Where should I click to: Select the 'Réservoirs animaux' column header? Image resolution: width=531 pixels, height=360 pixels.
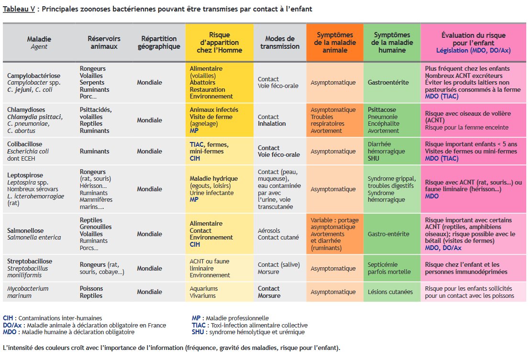[104, 43]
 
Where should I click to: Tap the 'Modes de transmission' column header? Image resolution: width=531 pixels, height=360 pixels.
[279, 43]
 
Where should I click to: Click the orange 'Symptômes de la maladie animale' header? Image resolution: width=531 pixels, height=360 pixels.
[334, 43]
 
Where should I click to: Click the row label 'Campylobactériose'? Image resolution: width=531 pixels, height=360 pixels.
[33, 76]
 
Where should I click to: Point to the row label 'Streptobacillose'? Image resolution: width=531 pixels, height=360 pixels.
[30, 261]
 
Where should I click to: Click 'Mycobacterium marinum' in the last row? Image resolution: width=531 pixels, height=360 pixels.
[28, 292]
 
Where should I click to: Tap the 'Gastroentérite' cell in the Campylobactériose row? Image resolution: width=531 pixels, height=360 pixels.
[388, 82]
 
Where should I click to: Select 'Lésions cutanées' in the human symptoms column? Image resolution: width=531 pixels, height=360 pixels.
[390, 292]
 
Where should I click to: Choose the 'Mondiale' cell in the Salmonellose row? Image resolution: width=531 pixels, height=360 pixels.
[149, 234]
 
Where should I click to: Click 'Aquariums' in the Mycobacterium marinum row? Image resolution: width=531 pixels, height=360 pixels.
[204, 288]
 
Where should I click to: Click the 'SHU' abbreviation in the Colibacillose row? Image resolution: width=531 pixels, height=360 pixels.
[374, 158]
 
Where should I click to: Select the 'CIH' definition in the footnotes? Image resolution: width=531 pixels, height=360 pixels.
[53, 318]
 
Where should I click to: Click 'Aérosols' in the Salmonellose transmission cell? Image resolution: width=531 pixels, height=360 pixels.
[269, 230]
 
